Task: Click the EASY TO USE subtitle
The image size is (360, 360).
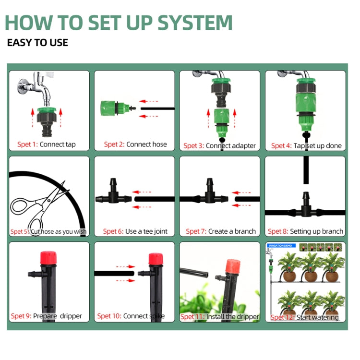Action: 37,43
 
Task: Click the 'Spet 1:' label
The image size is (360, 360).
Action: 27,144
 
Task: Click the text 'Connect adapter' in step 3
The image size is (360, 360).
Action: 231,145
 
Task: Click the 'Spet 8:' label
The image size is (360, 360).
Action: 277,231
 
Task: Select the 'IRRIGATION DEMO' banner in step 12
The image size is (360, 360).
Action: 280,245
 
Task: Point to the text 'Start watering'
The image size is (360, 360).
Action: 317,317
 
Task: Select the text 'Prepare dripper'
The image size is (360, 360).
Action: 58,316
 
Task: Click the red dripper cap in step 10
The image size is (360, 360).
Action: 155,259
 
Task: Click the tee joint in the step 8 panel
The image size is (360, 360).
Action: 305,206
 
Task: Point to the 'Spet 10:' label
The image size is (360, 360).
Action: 109,316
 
